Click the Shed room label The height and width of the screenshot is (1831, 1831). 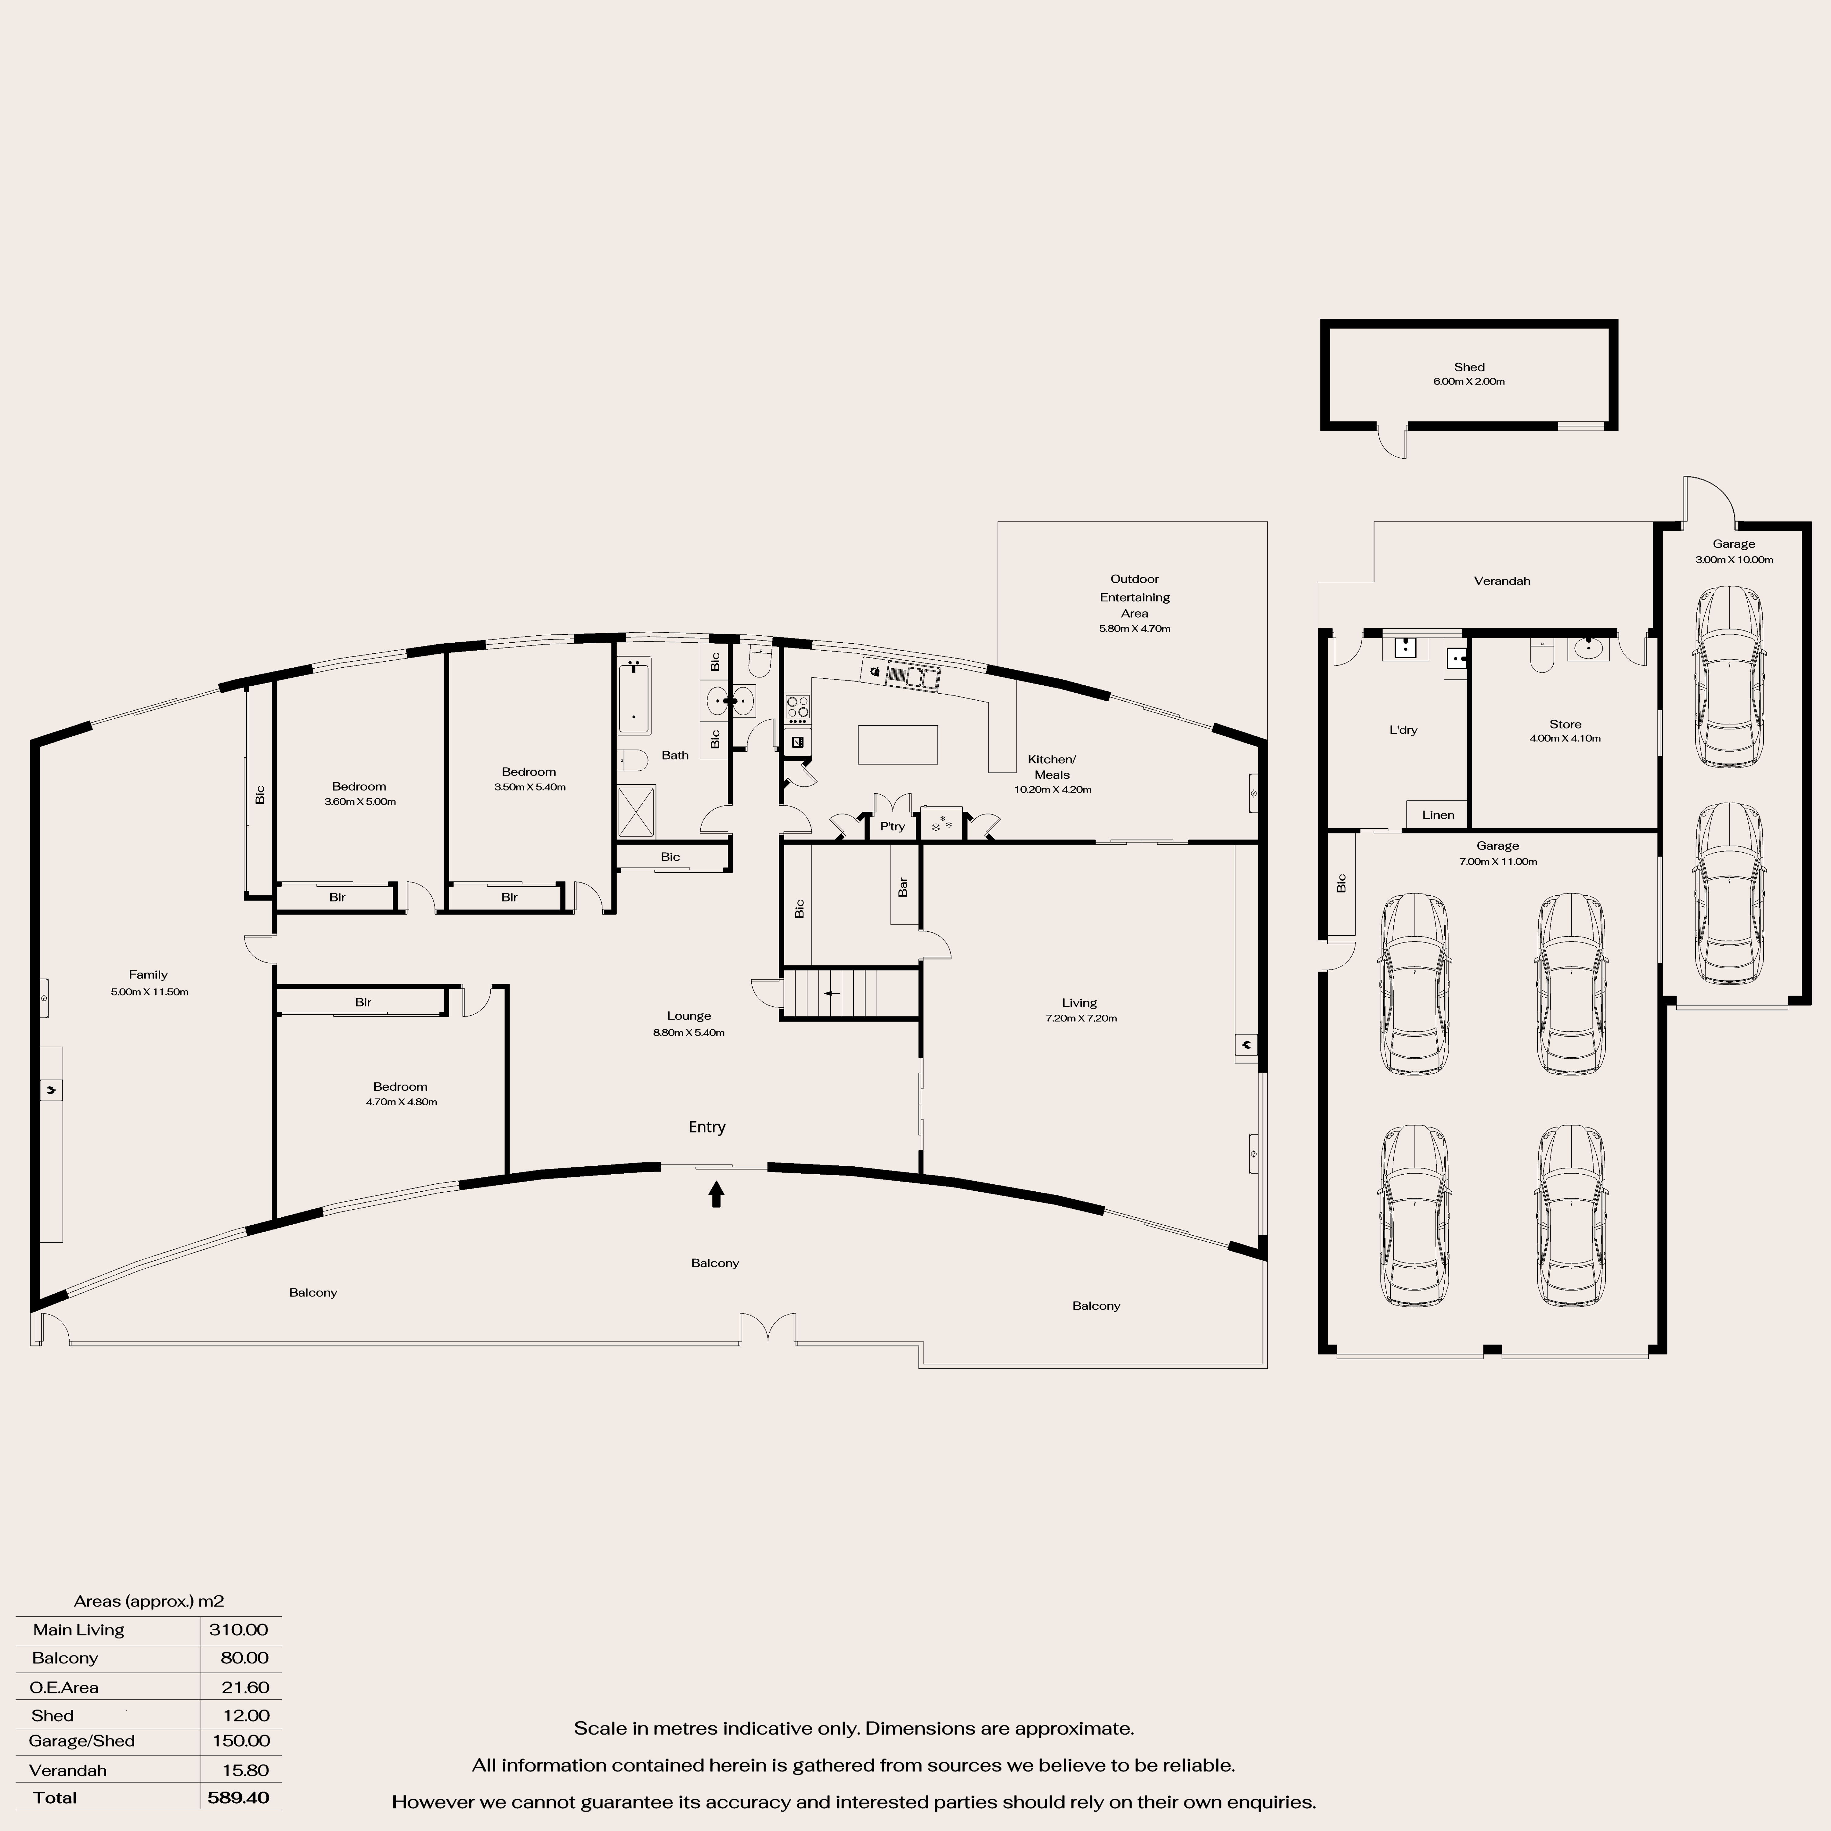click(x=1469, y=367)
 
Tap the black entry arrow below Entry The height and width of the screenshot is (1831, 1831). click(x=717, y=1193)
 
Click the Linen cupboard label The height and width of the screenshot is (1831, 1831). click(x=1438, y=815)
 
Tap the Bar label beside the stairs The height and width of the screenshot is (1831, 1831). click(x=903, y=887)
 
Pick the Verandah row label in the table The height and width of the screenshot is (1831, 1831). click(x=67, y=1769)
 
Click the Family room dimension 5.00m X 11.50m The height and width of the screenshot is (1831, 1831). click(x=150, y=992)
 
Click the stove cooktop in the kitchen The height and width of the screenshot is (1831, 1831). click(x=798, y=707)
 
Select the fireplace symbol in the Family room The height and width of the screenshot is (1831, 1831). click(x=51, y=1090)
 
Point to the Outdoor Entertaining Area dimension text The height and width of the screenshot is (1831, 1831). click(x=1134, y=628)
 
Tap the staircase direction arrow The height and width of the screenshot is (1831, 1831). click(x=831, y=993)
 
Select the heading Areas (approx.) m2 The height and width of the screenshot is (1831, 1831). click(x=149, y=1601)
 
